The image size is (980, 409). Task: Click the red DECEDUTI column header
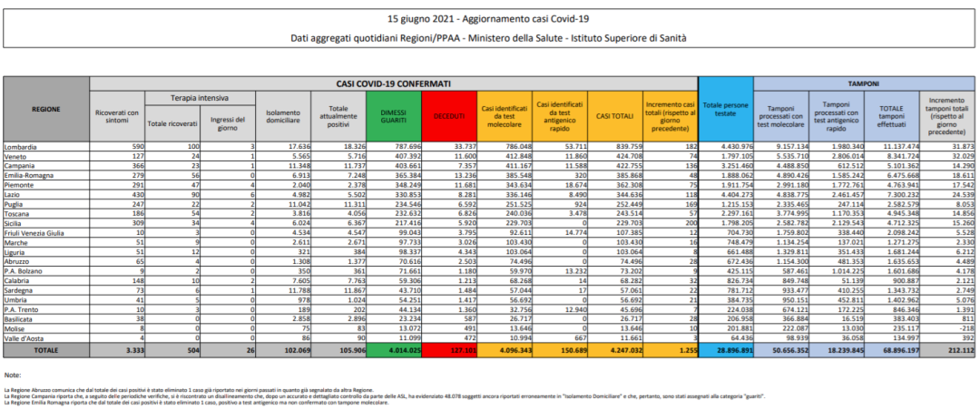tap(448, 116)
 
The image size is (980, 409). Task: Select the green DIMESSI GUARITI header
tap(394, 116)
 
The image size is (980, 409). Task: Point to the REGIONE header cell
tap(46, 109)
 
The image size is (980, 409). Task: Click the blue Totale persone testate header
tap(724, 110)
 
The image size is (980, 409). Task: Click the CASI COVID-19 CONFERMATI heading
tap(394, 83)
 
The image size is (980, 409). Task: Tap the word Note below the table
tap(13, 375)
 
